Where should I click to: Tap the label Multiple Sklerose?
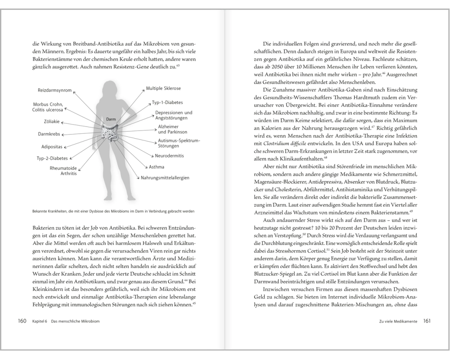coord(163,89)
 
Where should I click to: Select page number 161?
coord(427,321)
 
